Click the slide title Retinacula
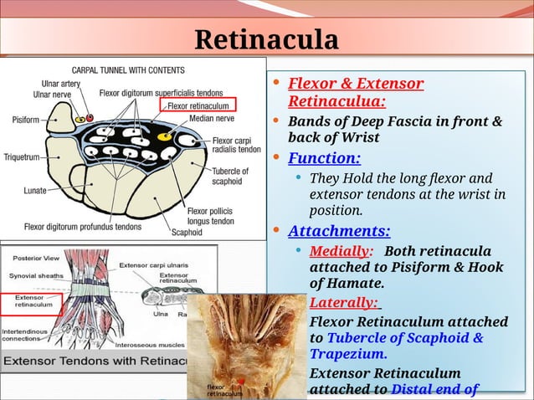[266, 39]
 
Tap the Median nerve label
[213, 119]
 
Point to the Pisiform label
[25, 121]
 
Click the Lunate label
[34, 191]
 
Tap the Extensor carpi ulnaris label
[151, 264]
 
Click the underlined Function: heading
[324, 158]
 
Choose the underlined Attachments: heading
[338, 231]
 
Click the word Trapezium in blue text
[347, 354]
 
